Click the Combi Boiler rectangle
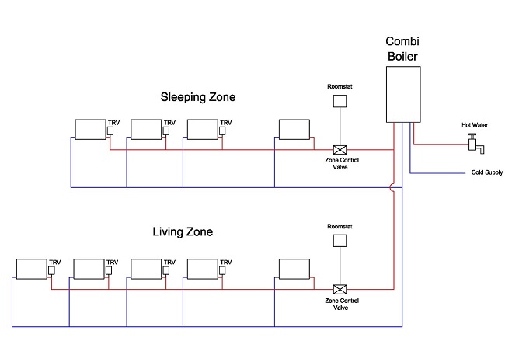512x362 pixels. tap(404, 92)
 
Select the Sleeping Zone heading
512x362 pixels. tap(197, 97)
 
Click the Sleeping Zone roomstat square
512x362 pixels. tap(339, 101)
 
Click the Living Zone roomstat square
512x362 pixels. tap(339, 240)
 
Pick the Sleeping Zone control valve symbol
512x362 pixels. tap(339, 149)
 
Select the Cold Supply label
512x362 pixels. tap(484, 173)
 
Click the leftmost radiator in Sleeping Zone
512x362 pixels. tap(89, 128)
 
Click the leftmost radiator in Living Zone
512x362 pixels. tap(31, 268)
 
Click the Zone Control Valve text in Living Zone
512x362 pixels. tap(339, 303)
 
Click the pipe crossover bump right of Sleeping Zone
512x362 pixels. tap(395, 187)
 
